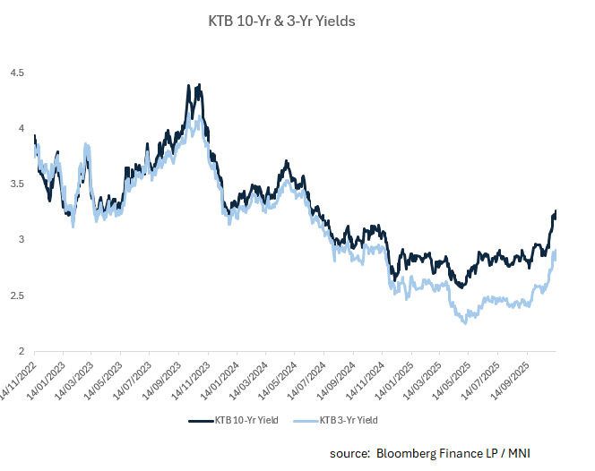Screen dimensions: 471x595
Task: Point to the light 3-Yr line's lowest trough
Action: [x=465, y=322]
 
